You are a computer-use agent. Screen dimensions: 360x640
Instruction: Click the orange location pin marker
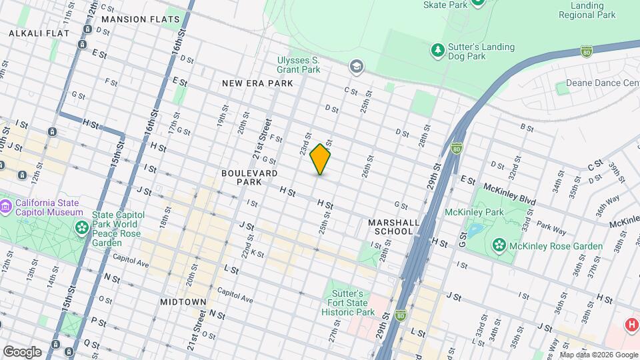click(321, 159)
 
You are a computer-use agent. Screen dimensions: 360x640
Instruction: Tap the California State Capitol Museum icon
click(6, 207)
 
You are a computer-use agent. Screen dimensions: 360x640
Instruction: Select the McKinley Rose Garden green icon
click(499, 245)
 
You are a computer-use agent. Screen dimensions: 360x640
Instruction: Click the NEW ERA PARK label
click(257, 83)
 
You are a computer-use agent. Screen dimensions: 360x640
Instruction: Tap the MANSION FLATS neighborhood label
click(143, 19)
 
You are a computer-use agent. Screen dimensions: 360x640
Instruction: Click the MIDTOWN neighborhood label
click(183, 302)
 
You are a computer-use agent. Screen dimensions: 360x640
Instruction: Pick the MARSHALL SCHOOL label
click(393, 227)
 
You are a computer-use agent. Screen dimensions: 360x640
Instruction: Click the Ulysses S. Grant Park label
click(299, 64)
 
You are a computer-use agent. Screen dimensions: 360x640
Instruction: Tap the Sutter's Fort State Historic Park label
click(347, 303)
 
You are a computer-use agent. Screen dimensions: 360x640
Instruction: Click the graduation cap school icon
click(357, 65)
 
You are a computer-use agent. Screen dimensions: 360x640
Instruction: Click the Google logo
click(22, 351)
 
